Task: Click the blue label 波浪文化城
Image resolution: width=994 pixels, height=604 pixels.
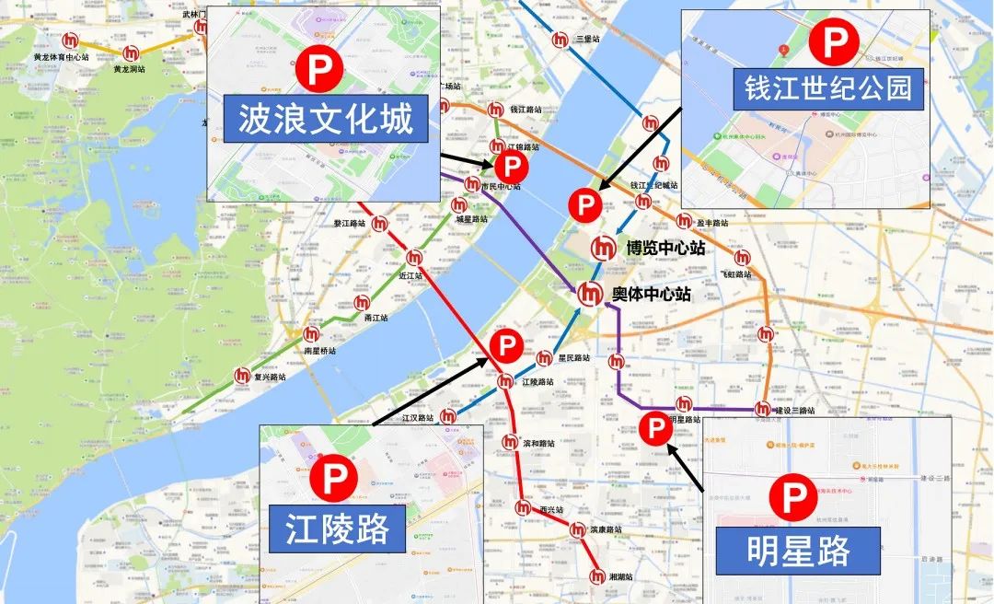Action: pos(325,119)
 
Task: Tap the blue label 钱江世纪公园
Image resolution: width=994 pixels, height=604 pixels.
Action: pos(828,87)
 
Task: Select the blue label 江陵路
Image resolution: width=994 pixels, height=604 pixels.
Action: pos(338,529)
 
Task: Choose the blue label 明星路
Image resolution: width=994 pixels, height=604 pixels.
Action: pos(797,551)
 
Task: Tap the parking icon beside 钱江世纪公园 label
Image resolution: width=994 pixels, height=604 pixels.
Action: pos(833,42)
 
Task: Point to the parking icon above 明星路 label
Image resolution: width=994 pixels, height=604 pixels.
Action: pos(793,499)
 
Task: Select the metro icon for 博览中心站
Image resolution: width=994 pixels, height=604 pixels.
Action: pos(604,248)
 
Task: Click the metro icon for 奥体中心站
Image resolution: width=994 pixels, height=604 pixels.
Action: pos(590,296)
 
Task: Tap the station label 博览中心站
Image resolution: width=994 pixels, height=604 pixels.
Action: pos(665,248)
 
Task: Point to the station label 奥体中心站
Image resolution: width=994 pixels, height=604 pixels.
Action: pos(651,296)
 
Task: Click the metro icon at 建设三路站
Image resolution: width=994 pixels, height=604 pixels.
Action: pos(762,409)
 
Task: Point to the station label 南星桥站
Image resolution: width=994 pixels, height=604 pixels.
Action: pos(319,351)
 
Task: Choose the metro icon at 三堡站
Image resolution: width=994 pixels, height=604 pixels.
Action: pos(561,40)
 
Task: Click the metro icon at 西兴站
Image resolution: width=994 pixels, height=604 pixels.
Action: pos(524,507)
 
